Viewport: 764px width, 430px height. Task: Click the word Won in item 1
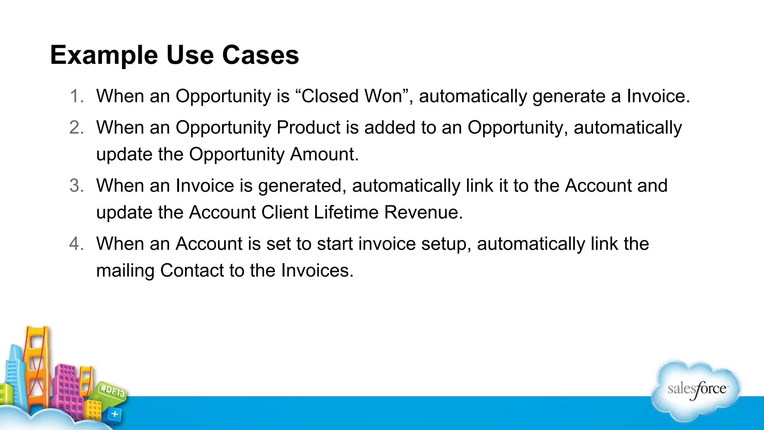pyautogui.click(x=383, y=96)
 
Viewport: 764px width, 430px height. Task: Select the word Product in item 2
pyautogui.click(x=309, y=128)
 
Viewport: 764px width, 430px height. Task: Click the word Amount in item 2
pyautogui.click(x=324, y=155)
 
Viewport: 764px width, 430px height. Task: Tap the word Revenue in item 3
pyautogui.click(x=423, y=212)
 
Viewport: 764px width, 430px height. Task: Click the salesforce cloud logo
pyautogui.click(x=696, y=390)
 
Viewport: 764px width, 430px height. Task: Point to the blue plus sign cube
pyautogui.click(x=115, y=414)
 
